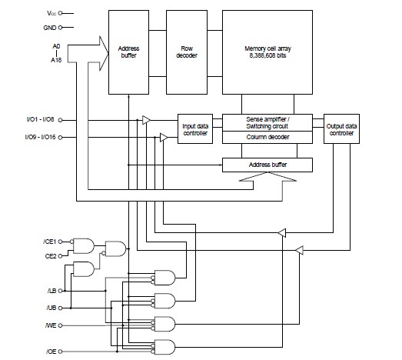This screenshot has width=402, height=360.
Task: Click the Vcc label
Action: click(x=48, y=13)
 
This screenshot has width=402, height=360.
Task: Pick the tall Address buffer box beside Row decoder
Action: click(x=128, y=51)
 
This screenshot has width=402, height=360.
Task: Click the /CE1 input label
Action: click(x=51, y=241)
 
